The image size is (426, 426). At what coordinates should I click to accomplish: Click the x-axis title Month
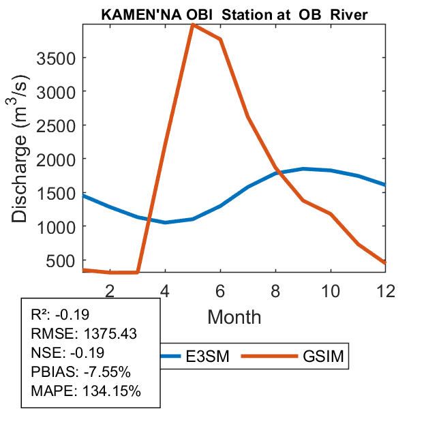pyautogui.click(x=234, y=316)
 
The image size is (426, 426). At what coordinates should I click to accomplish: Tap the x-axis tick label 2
pyautogui.click(x=110, y=290)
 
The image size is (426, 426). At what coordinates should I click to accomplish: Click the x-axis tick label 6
pyautogui.click(x=220, y=290)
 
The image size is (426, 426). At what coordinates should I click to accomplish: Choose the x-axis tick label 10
pyautogui.click(x=330, y=290)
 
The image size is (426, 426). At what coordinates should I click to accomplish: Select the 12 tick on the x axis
pyautogui.click(x=385, y=290)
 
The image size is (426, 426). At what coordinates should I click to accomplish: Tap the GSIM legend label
pyautogui.click(x=324, y=356)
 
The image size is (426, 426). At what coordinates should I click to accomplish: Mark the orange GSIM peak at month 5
pyautogui.click(x=193, y=25)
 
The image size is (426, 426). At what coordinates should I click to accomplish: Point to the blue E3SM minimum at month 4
pyautogui.click(x=165, y=222)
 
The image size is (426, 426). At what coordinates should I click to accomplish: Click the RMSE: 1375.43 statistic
pyautogui.click(x=84, y=334)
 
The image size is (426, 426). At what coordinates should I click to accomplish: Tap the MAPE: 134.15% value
pyautogui.click(x=86, y=391)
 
